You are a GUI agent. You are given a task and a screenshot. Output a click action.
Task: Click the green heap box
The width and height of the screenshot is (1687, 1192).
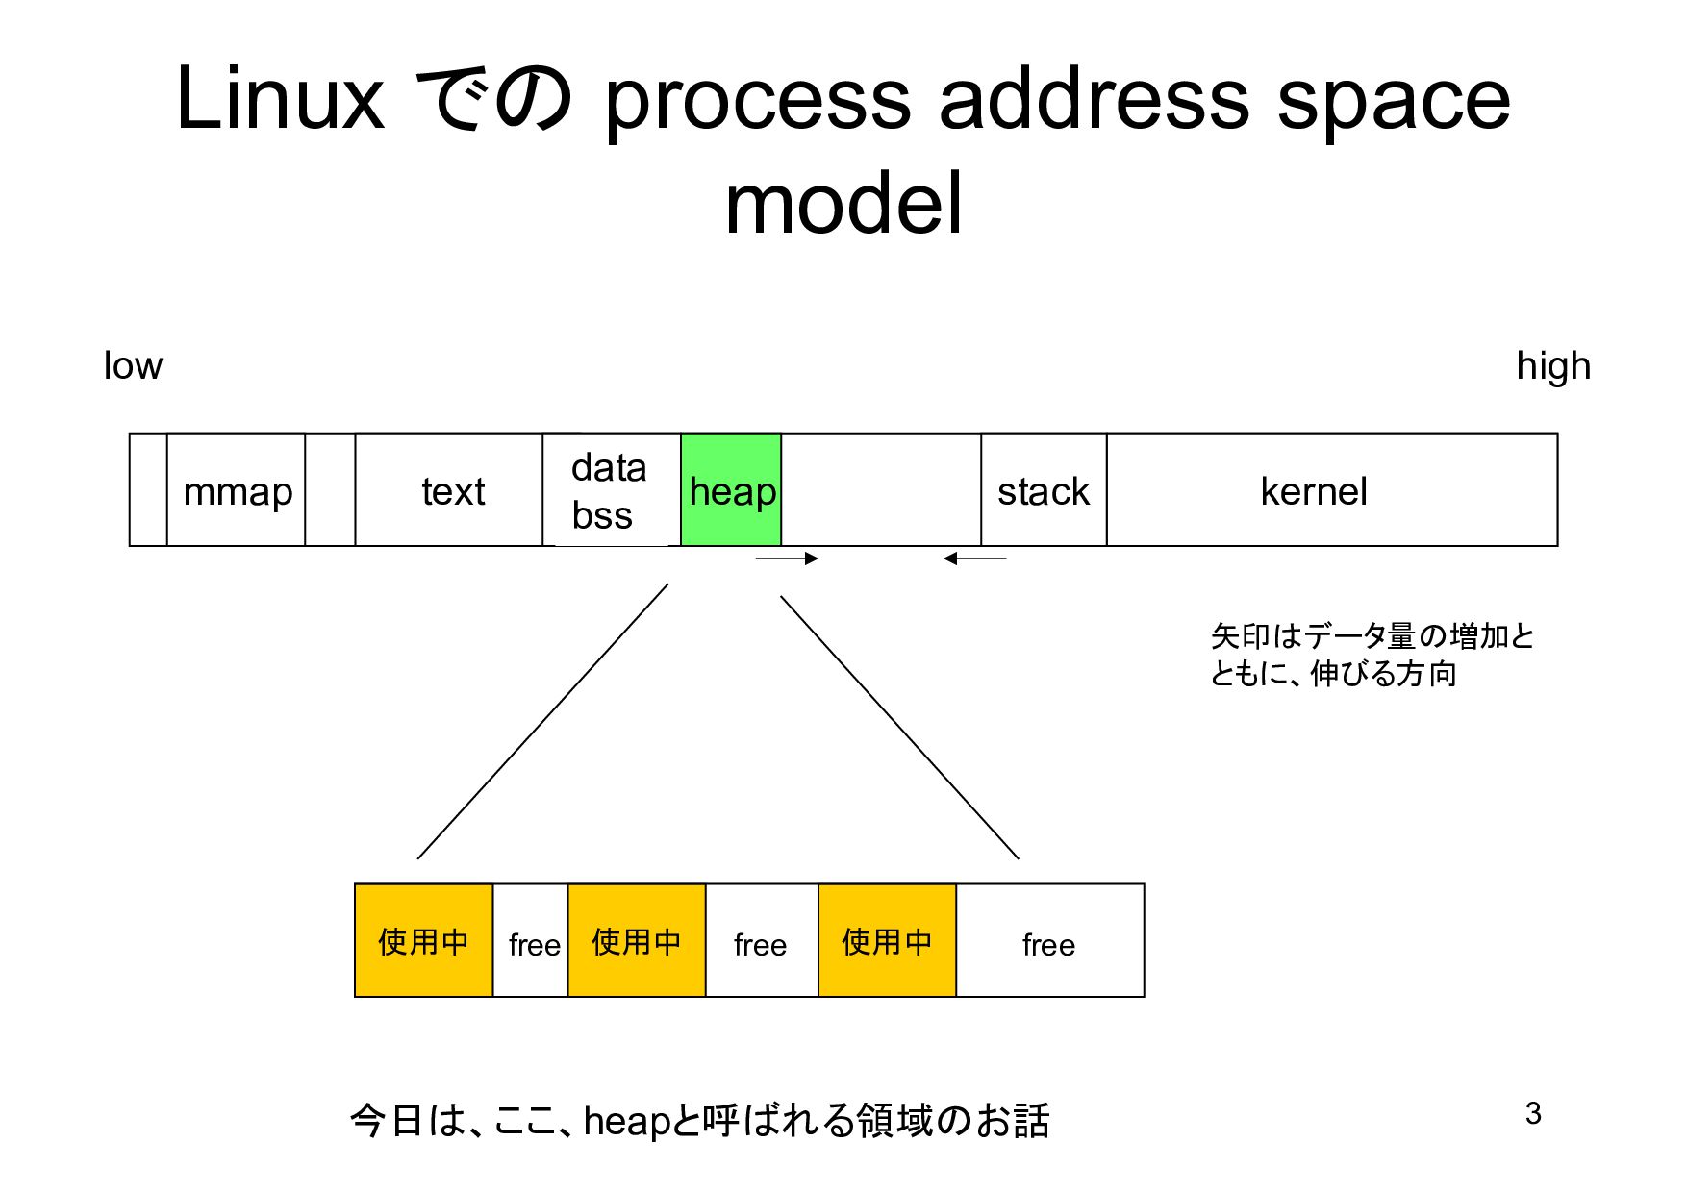[731, 490]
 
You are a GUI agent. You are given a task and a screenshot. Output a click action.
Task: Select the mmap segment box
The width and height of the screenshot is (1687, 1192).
[237, 490]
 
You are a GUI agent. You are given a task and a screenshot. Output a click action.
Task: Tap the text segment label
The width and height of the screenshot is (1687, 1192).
[453, 492]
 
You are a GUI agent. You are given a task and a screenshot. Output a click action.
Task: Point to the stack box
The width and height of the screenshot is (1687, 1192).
[1044, 490]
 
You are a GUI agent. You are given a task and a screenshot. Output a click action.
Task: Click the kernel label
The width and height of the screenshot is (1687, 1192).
[1313, 492]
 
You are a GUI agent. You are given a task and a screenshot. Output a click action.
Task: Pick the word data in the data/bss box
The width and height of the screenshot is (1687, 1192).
[608, 468]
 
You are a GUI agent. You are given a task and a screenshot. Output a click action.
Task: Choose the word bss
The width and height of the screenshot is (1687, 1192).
[602, 516]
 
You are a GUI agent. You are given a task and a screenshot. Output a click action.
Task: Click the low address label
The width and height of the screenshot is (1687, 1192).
[133, 366]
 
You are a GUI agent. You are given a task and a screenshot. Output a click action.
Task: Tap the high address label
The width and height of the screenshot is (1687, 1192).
[1552, 366]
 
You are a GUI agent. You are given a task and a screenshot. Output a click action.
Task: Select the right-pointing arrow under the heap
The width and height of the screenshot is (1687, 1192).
[787, 559]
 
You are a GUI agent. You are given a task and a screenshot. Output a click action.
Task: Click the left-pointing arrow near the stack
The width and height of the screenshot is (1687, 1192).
[974, 559]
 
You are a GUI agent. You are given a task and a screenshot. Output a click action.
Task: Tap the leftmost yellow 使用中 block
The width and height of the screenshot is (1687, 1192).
[423, 940]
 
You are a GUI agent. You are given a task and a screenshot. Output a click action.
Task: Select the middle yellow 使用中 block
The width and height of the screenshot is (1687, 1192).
[637, 940]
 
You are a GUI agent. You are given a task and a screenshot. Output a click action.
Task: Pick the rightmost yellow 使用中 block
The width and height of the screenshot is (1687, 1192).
[887, 940]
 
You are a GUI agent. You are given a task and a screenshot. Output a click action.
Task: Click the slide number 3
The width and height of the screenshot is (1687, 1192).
[1533, 1113]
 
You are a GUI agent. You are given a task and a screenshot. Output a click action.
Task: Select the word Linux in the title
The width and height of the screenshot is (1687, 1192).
[280, 99]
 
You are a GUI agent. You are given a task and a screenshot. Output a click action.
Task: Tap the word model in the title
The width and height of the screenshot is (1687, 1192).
[843, 204]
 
